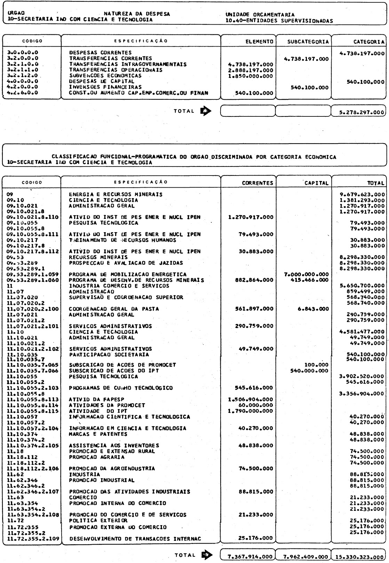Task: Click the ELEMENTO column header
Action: (259, 41)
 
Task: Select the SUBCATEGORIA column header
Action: (303, 41)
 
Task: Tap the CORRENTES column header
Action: (257, 183)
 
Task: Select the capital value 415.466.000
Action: (309, 280)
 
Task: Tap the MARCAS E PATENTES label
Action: (98, 434)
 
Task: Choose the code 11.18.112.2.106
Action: (33, 468)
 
